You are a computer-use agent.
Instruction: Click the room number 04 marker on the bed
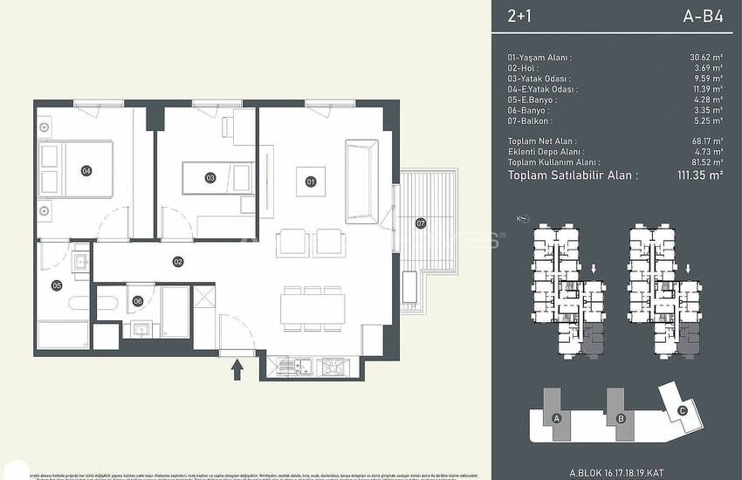(x=86, y=170)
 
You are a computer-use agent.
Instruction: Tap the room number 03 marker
(x=210, y=177)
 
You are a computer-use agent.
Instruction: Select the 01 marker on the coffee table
(x=310, y=182)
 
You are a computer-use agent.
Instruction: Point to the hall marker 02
(x=177, y=261)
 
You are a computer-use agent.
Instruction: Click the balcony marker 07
(x=421, y=223)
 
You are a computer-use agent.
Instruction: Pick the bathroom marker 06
(x=138, y=301)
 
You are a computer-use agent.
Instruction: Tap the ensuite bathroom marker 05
(x=57, y=285)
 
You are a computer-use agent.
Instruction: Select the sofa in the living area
(x=361, y=181)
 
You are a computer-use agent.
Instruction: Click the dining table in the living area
(x=313, y=307)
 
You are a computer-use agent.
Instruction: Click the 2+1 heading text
(x=520, y=15)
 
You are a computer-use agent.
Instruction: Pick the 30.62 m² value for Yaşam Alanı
(x=705, y=57)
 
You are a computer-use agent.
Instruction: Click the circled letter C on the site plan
(x=683, y=412)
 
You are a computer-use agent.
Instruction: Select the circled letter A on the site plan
(x=556, y=418)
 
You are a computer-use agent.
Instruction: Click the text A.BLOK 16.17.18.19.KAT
(x=617, y=471)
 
